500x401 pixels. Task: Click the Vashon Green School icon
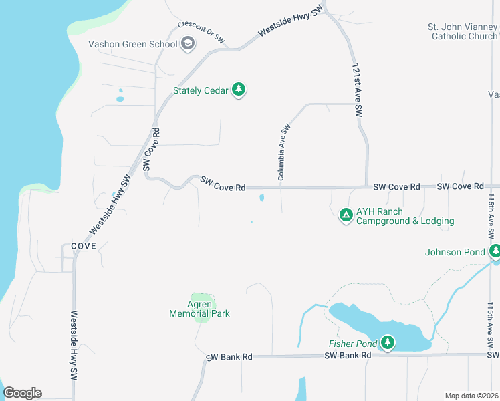(189, 45)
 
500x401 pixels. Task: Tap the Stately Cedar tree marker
(239, 90)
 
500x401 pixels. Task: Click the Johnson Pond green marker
(494, 251)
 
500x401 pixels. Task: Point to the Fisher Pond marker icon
(388, 343)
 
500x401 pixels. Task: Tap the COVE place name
(80, 246)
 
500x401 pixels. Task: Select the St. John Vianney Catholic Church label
(464, 31)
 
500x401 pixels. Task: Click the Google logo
(23, 393)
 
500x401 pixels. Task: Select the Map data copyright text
(472, 396)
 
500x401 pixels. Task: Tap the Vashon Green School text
(133, 45)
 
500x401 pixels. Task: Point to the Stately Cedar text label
(201, 90)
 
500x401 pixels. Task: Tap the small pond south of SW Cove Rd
(261, 198)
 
